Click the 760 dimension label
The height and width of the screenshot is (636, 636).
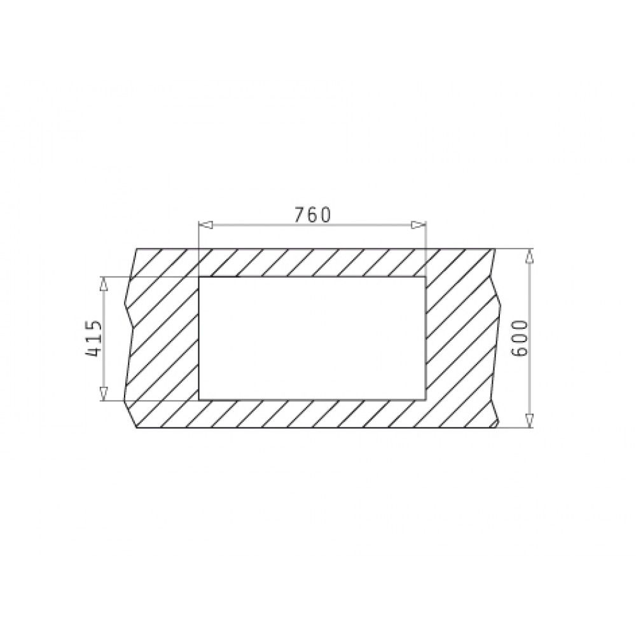pos(312,215)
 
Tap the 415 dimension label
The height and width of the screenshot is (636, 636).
pos(93,339)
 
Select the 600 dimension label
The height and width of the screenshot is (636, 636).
pos(520,338)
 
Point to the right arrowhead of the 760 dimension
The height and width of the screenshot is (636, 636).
pos(418,225)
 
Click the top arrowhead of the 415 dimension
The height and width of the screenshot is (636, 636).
pos(104,284)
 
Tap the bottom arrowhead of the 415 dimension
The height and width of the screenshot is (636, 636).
pos(104,394)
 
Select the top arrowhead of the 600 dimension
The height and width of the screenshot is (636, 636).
pos(529,256)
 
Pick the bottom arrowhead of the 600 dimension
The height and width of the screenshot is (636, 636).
pos(529,421)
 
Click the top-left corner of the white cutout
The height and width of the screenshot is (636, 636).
pos(198,277)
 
